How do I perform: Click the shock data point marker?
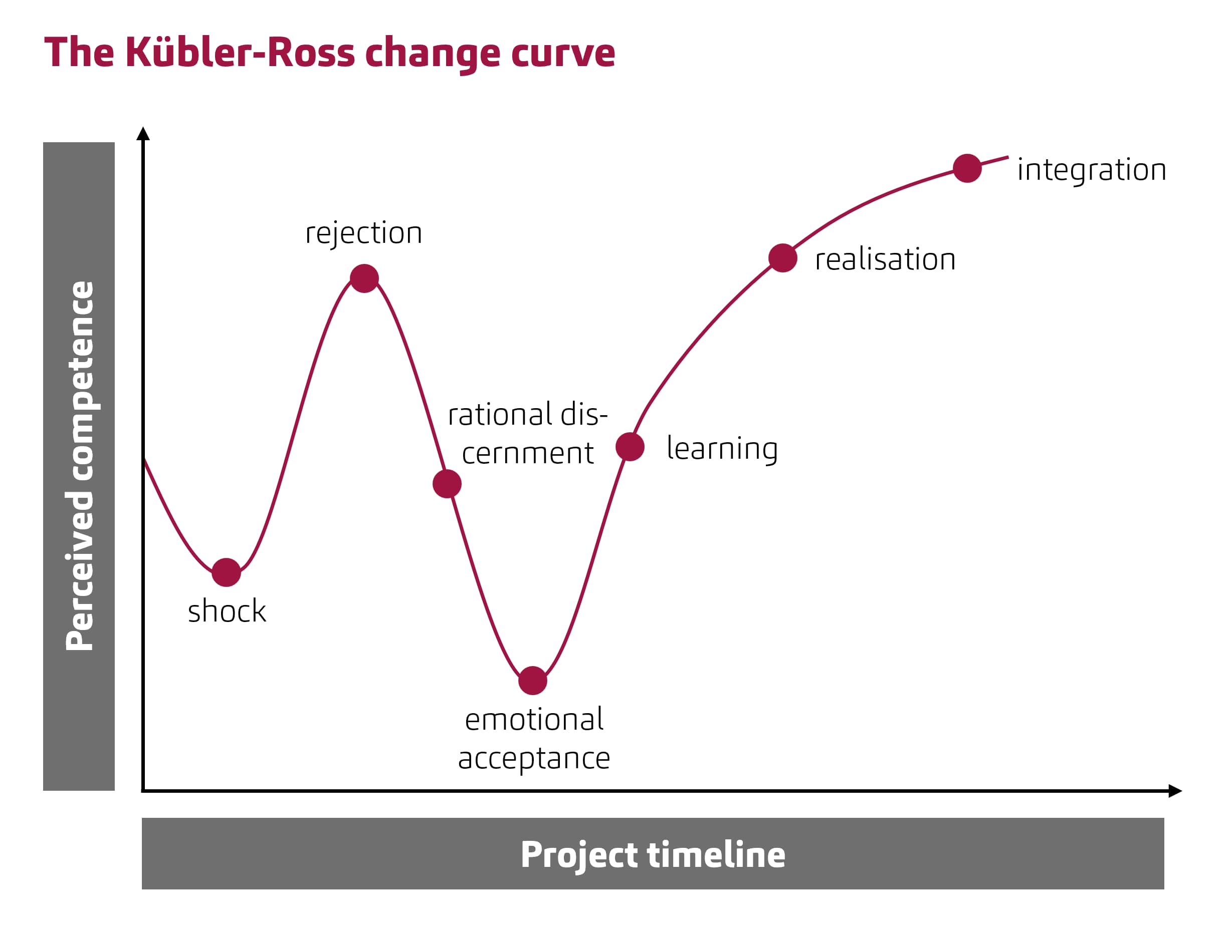click(226, 572)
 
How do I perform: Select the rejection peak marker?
click(364, 278)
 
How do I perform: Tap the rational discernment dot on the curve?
click(447, 483)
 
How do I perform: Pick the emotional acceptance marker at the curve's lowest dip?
click(533, 680)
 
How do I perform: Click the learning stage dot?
click(630, 447)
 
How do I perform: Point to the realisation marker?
click(782, 257)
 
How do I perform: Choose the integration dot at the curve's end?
click(967, 168)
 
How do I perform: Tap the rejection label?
click(364, 233)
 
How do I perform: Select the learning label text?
click(722, 448)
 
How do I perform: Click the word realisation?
click(885, 260)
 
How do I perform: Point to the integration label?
click(1091, 170)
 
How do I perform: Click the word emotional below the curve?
click(534, 720)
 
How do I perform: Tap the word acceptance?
click(534, 759)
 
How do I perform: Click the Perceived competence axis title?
click(79, 466)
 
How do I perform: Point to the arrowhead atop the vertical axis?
click(143, 134)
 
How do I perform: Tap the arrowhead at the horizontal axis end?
click(1175, 791)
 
